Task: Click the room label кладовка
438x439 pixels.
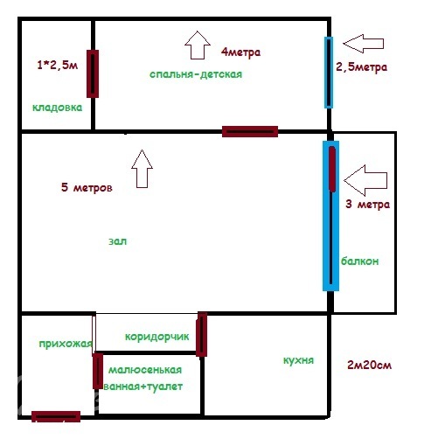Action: click(x=57, y=108)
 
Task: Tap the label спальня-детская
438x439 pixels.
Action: click(x=196, y=74)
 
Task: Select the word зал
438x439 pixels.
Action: click(x=118, y=241)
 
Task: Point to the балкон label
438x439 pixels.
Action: click(x=360, y=261)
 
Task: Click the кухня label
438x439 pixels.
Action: click(x=298, y=360)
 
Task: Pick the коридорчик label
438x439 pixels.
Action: click(x=157, y=337)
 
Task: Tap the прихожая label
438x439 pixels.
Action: click(x=66, y=344)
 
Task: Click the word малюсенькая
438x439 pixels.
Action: click(x=145, y=370)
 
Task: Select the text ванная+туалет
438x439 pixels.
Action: click(x=143, y=387)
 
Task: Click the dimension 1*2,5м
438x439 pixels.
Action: click(x=58, y=65)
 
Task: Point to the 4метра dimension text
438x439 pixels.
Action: click(x=240, y=52)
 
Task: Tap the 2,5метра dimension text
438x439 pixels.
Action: click(x=361, y=67)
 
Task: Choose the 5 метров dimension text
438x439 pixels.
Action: click(x=87, y=187)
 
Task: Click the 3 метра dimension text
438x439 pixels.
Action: click(x=368, y=204)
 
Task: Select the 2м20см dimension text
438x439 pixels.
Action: click(x=370, y=365)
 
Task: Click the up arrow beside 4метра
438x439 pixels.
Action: click(x=198, y=45)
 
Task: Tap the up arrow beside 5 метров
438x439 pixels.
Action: click(x=142, y=169)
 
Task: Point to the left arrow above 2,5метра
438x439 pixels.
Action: click(x=364, y=44)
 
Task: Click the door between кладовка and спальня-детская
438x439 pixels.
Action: click(x=93, y=73)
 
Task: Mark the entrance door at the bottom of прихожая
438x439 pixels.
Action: click(x=56, y=416)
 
